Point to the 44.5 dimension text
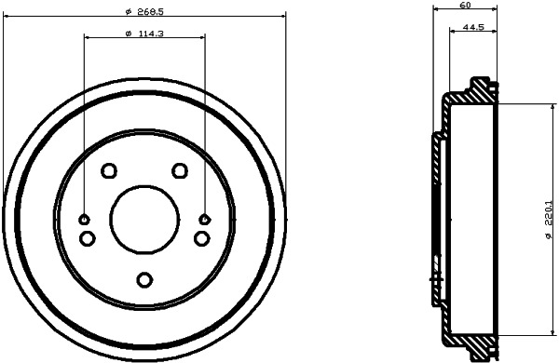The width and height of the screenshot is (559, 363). tap(473, 28)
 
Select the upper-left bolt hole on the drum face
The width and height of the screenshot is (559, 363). tap(108, 170)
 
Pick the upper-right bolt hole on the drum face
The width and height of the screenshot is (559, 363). tap(179, 170)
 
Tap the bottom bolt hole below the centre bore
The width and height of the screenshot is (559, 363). tap(143, 278)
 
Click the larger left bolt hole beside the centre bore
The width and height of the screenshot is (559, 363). tap(87, 239)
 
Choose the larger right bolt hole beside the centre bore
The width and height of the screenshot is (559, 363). tap(201, 239)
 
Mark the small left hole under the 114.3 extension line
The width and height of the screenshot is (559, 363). tap(84, 220)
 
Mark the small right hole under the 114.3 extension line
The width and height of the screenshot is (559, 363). tap(205, 220)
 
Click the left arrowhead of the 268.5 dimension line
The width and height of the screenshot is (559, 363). tap(7, 17)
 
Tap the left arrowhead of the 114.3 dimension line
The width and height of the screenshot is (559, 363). tap(88, 37)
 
